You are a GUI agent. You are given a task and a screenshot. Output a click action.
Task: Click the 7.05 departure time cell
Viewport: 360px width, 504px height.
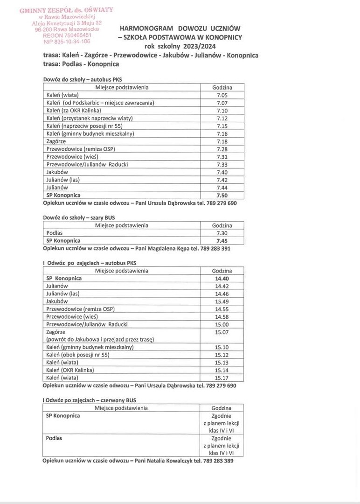[222, 95]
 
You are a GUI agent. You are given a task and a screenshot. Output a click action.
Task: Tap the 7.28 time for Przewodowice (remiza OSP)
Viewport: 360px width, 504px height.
[222, 149]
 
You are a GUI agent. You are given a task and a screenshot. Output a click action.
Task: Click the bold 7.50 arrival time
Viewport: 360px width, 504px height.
[222, 195]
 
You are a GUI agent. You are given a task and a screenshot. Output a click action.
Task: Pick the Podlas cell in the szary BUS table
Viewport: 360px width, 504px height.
[55, 233]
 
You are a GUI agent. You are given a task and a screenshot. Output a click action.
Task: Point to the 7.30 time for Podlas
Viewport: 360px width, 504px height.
[222, 233]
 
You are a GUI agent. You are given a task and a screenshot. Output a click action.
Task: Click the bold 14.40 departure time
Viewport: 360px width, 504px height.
[222, 278]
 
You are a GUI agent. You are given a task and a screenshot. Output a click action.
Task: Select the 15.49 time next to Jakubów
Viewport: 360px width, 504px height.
[222, 301]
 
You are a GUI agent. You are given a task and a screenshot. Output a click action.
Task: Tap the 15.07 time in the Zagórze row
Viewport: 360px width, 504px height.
[222, 332]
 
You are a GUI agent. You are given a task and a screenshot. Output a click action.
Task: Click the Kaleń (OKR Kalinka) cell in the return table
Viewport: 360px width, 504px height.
[70, 370]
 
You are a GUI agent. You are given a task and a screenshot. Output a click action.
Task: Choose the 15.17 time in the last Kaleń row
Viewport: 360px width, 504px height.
[222, 378]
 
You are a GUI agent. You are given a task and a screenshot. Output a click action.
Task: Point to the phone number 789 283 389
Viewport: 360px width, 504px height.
[217, 461]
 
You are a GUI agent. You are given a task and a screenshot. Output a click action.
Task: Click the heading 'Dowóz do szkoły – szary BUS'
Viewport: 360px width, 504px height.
[79, 217]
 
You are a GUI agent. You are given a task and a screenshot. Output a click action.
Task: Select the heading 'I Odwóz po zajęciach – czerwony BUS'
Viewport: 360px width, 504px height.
[89, 400]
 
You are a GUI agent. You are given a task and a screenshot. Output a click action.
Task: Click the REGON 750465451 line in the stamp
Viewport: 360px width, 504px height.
[67, 35]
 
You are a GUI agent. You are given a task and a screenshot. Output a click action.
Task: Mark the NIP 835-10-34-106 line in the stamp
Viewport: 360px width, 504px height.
[67, 41]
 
